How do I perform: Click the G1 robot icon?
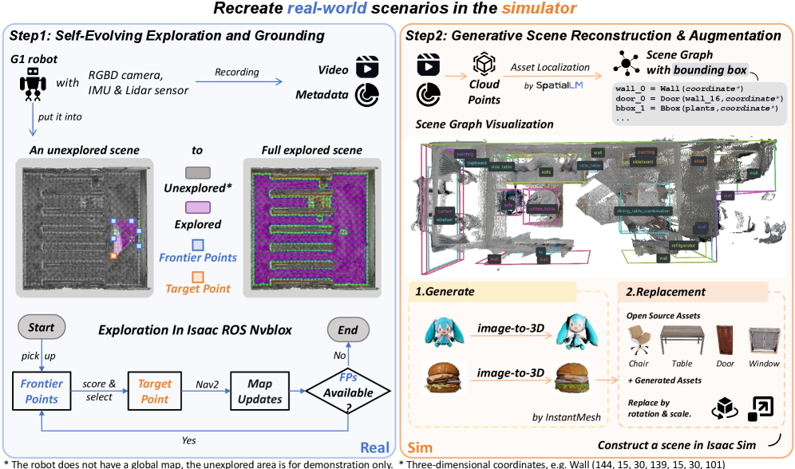coord(32,85)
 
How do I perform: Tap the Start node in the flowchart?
coord(42,328)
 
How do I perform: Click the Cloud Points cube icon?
coord(485,65)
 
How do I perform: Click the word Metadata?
coord(321,95)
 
